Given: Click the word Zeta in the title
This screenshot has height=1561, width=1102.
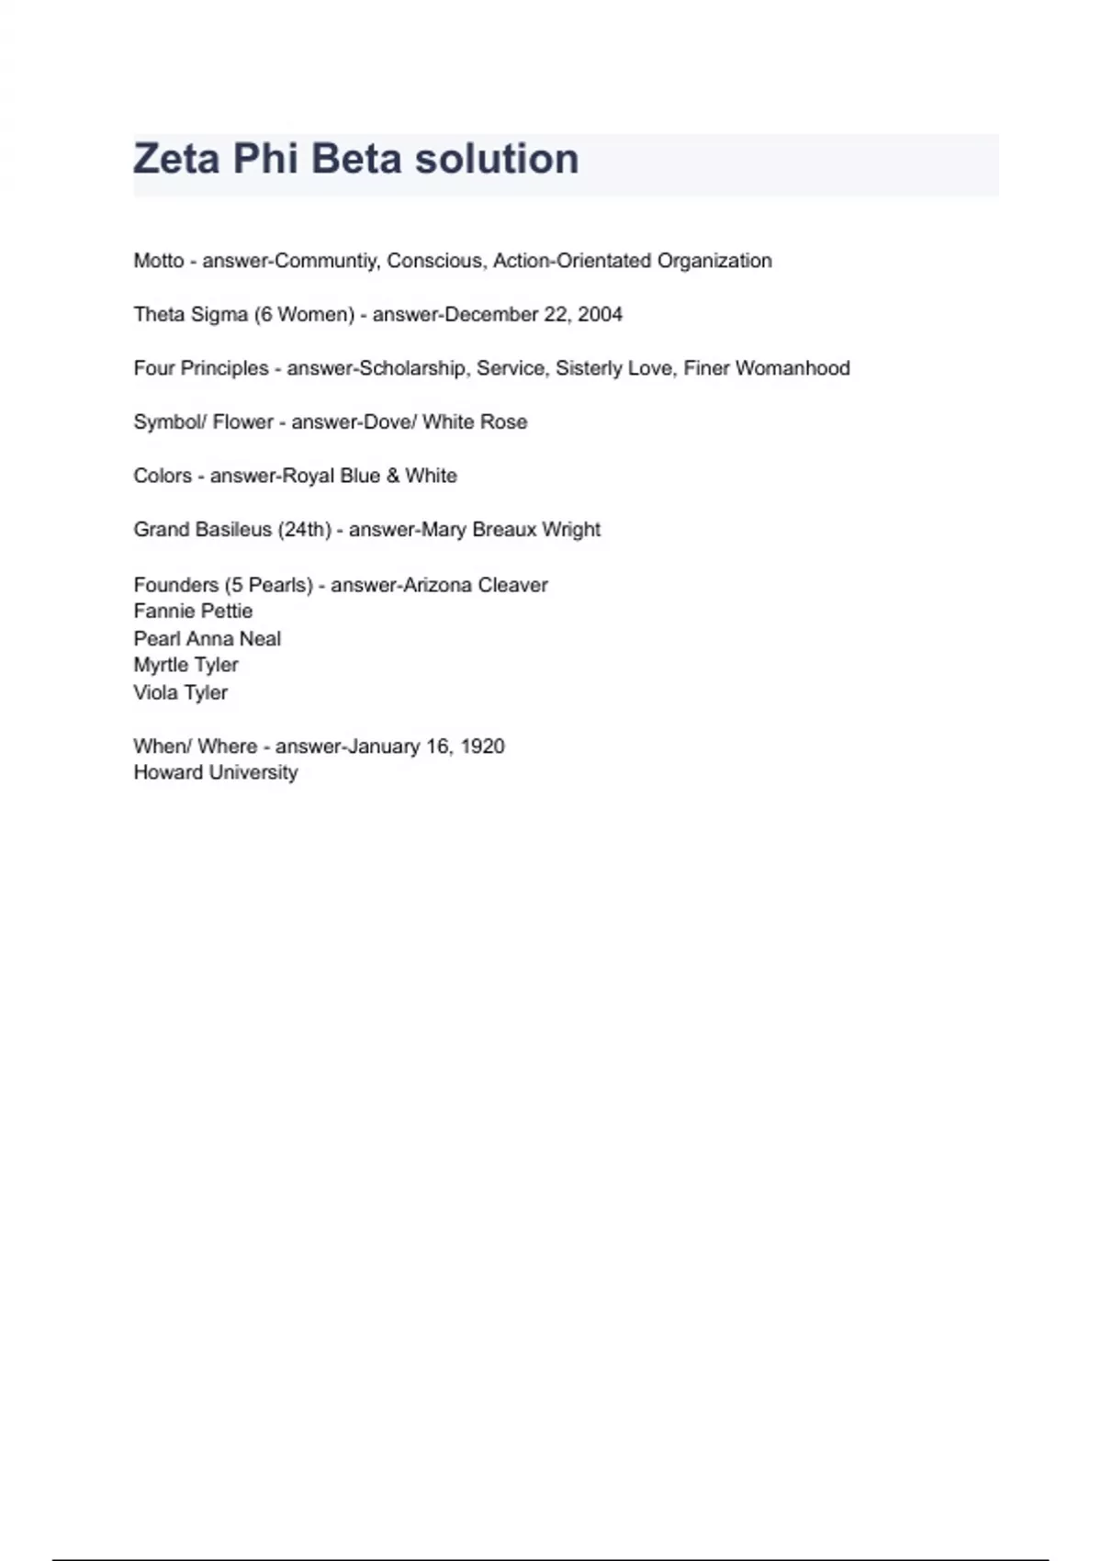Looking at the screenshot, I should tap(176, 159).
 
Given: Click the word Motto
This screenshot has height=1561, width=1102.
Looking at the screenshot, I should tap(159, 261).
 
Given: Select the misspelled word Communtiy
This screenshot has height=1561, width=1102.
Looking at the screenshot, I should tap(326, 261).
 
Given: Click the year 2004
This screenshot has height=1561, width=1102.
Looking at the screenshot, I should tap(600, 315).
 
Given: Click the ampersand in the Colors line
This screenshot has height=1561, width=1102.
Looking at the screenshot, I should tap(392, 476).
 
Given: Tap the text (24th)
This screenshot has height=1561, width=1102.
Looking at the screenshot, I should tap(304, 530).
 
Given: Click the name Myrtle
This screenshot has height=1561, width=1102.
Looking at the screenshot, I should tap(161, 665).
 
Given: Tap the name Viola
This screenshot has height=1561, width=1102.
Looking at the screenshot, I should tap(155, 692).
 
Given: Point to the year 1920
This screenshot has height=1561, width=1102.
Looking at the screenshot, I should tap(482, 747).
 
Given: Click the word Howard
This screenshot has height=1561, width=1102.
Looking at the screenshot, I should tap(166, 772).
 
